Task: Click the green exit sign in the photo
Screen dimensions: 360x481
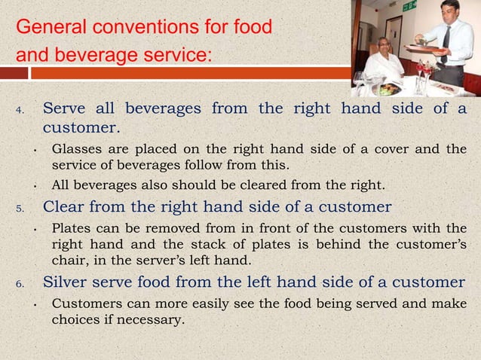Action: [x=409, y=6]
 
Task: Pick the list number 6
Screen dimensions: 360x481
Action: [x=20, y=284]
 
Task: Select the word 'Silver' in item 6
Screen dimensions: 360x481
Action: [x=67, y=282]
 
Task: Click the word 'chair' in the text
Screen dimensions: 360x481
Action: [x=69, y=261]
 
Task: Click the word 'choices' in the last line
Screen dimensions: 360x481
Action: [x=77, y=319]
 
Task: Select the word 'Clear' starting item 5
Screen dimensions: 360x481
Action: [x=65, y=207]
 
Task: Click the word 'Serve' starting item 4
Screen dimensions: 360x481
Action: [x=66, y=108]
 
